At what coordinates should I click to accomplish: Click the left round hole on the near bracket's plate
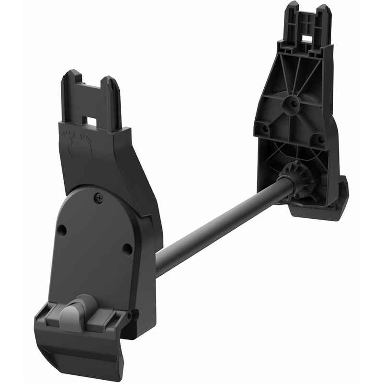pyautogui.click(x=62, y=231)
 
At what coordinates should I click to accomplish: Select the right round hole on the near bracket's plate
pyautogui.click(x=127, y=249)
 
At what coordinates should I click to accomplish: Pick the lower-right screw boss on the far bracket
pyautogui.click(x=317, y=139)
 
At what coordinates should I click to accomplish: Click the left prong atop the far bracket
pyautogui.click(x=292, y=14)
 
